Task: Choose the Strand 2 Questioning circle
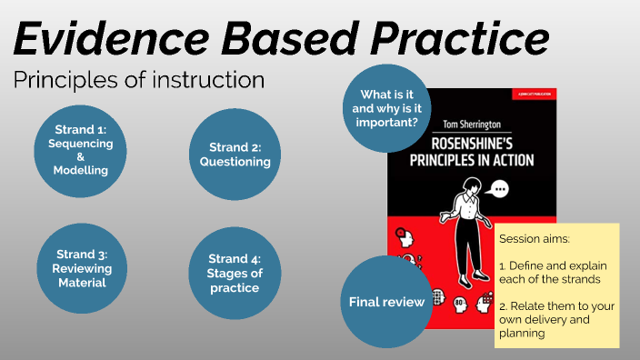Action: coord(235,154)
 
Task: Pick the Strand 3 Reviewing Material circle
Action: coord(80,268)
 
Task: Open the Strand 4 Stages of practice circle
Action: coord(235,274)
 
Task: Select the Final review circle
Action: coord(387,302)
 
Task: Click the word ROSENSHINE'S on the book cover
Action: coord(472,145)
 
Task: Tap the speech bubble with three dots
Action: coord(499,190)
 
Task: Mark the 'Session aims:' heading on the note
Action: coord(534,239)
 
